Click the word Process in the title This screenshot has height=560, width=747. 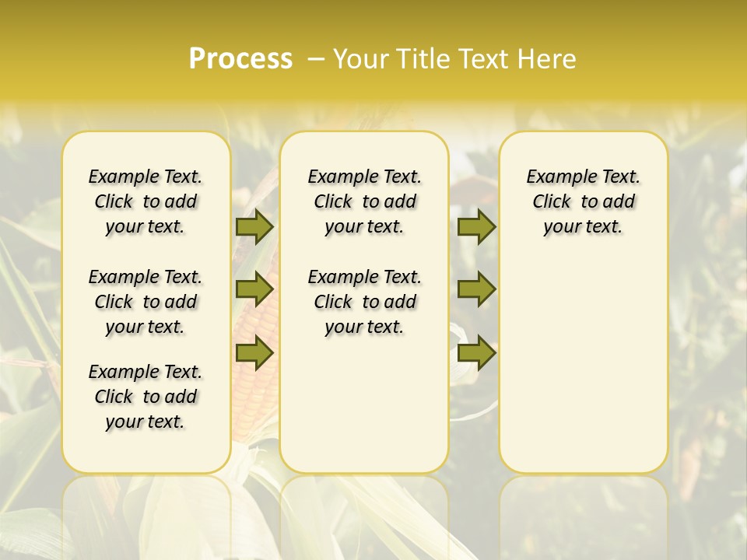tap(240, 59)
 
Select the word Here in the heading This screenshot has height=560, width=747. tap(546, 59)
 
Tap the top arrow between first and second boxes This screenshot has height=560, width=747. tap(254, 226)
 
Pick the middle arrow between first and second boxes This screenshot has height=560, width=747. tap(254, 289)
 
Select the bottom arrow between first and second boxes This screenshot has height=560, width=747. tap(254, 352)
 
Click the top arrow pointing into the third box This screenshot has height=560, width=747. tap(476, 226)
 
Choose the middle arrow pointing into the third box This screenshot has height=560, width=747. tap(476, 289)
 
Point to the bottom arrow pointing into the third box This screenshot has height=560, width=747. tap(476, 352)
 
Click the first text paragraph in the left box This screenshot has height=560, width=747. tap(146, 201)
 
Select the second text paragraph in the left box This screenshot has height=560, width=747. tap(146, 302)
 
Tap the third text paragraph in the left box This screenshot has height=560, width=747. tap(146, 397)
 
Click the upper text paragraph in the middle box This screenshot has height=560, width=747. tap(364, 201)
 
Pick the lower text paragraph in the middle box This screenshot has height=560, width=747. tap(364, 302)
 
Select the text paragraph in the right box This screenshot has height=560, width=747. tap(583, 201)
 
